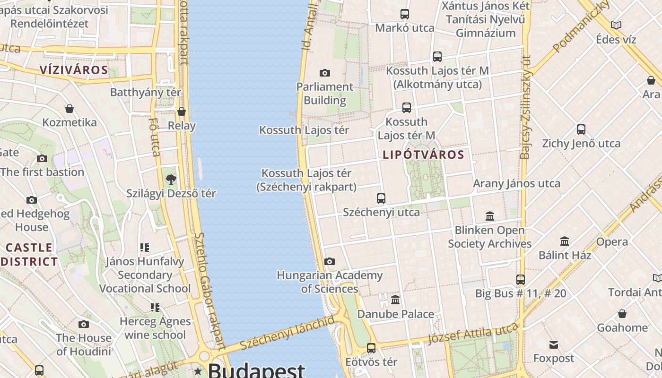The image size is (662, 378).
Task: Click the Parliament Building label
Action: pos(324,94)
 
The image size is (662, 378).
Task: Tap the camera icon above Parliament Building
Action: pos(324,73)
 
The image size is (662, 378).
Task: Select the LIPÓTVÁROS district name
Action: pos(423,155)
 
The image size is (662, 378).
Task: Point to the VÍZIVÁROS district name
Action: pos(74,70)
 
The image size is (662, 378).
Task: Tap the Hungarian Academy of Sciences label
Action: pos(330,282)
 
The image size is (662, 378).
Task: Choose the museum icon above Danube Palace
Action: pos(395,300)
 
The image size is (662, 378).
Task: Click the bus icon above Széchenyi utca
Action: pos(381,198)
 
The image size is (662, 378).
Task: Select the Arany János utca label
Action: pos(517,183)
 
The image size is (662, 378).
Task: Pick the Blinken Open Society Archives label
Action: pos(489,237)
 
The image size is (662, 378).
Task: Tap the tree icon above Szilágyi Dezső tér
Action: pos(171,180)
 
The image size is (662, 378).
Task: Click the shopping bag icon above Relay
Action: pos(182,112)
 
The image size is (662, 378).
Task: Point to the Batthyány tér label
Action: pos(145,92)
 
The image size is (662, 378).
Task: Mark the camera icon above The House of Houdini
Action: pos(84,324)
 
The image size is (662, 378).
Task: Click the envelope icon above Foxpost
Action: pos(553,345)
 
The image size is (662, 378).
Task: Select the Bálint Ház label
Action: pos(565,255)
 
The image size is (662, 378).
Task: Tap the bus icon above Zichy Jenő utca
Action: pos(581,129)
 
